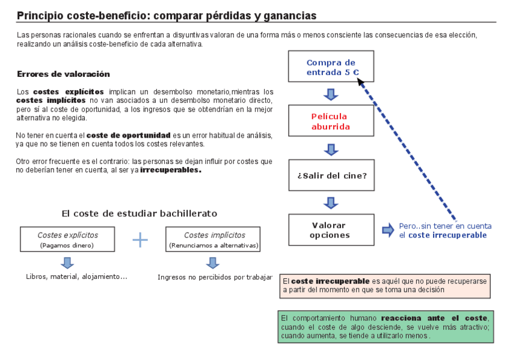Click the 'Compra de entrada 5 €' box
coord(331,67)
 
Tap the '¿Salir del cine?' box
coord(331,175)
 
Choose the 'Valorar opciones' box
coord(331,230)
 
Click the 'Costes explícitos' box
coord(67,239)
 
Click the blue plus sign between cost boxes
coord(140,240)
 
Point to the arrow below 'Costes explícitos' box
coord(67,263)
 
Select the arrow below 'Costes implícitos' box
coord(212,263)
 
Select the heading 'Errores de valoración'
coord(63,75)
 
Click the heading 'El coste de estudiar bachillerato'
coord(139,213)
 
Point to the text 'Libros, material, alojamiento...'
coord(76,276)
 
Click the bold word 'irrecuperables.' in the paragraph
coord(171,170)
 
